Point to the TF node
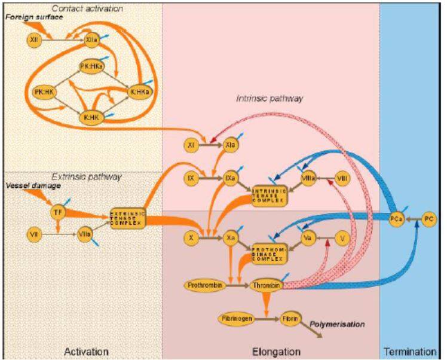coord(57,210)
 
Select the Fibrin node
coord(289,319)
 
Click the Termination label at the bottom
coord(412,351)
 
